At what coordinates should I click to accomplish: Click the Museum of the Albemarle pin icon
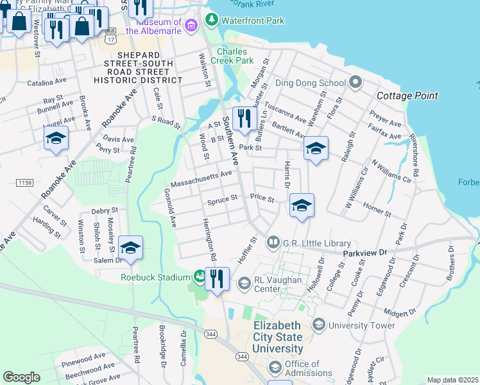click(191, 26)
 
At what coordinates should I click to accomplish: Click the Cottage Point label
click(407, 96)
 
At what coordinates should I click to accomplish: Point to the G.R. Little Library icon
click(273, 242)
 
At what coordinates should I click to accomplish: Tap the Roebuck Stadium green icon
click(199, 277)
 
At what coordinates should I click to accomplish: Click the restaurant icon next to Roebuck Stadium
click(217, 279)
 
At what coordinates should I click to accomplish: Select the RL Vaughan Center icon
click(244, 283)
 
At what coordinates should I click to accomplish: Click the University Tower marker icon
click(319, 325)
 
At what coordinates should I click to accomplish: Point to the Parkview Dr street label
click(365, 253)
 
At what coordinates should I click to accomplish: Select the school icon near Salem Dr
click(130, 248)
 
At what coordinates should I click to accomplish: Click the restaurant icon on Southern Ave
click(244, 118)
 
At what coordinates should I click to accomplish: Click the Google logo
click(21, 377)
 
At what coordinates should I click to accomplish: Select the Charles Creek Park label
click(235, 56)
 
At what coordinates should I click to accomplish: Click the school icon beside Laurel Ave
click(56, 138)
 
